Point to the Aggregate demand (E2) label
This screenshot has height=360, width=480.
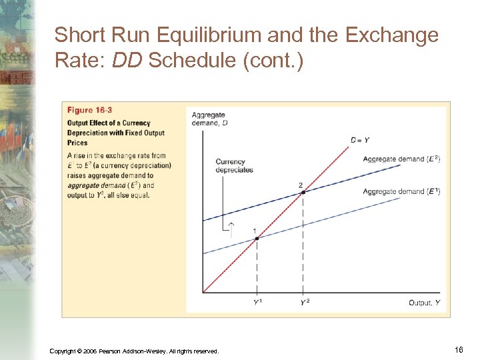pos(401,159)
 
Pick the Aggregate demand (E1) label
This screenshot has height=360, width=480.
pos(401,192)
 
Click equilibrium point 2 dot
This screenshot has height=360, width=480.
pos(303,192)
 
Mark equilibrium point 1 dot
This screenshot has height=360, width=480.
pos(257,238)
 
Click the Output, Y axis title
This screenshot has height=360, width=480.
pos(424,303)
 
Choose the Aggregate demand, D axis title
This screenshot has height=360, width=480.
pos(209,118)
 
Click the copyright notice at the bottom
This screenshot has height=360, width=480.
pos(134,351)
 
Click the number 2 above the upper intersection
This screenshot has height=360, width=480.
pos(301,185)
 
